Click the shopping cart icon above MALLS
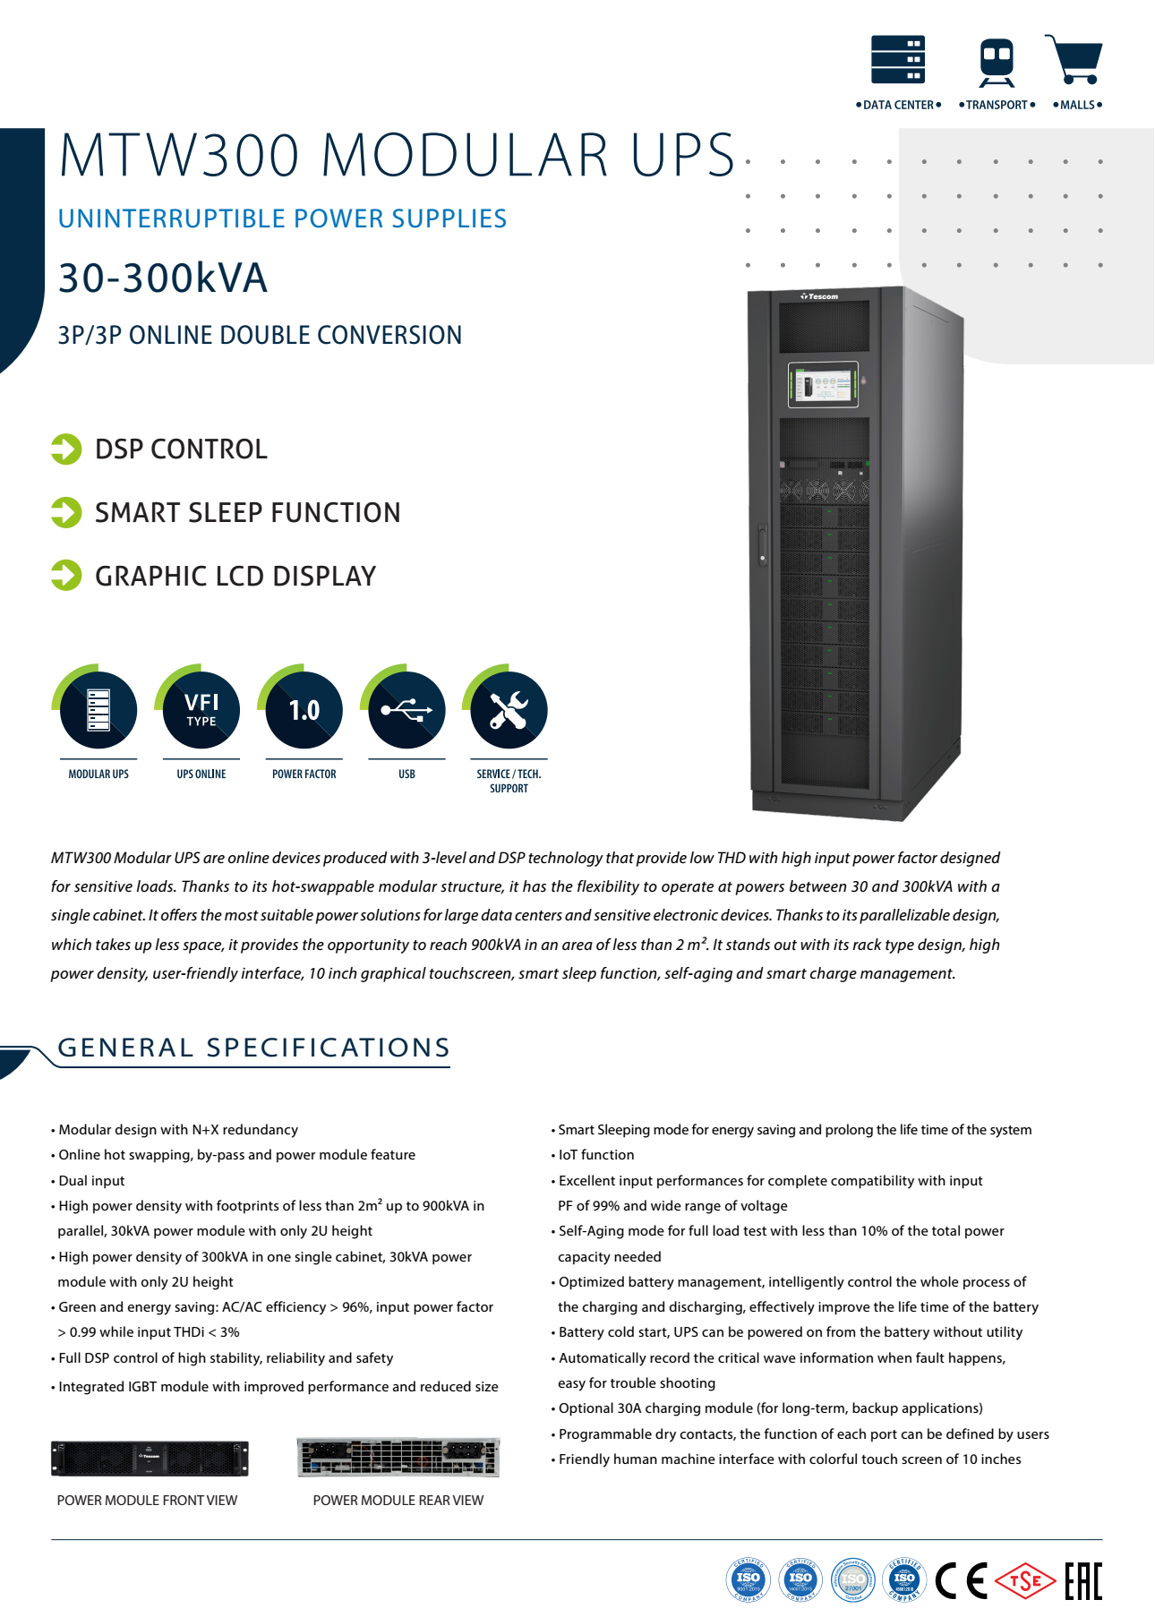[1074, 60]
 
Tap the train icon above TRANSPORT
[997, 61]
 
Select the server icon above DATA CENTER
[898, 59]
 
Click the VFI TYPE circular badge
[201, 710]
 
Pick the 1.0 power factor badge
[304, 710]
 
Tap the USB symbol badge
[406, 710]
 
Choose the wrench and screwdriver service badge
[509, 710]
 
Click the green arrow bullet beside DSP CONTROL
[66, 449]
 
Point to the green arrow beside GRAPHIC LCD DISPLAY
[66, 576]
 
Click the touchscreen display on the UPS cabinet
[823, 385]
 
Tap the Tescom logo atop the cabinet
[819, 296]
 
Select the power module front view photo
[150, 1459]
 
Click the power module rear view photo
[398, 1458]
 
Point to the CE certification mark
[961, 1581]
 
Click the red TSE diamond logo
[1025, 1581]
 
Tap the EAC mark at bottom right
[1082, 1581]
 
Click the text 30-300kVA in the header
[163, 278]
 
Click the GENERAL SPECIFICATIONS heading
[253, 1048]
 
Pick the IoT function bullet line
[596, 1155]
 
